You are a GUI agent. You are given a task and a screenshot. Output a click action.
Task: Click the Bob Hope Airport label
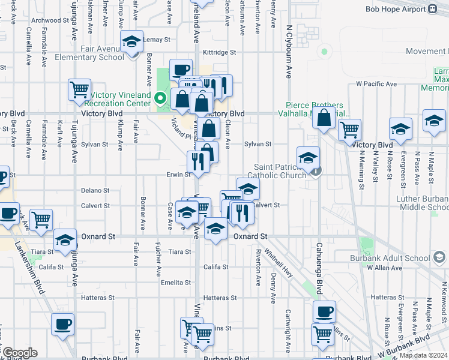(396, 9)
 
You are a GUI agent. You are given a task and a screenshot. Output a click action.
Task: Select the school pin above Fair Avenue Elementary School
(131, 42)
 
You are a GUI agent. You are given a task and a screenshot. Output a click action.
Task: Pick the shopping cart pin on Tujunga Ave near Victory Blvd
(80, 91)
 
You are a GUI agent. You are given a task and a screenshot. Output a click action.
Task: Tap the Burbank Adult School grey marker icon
(439, 258)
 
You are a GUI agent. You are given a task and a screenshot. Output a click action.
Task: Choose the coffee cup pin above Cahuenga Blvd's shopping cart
(324, 312)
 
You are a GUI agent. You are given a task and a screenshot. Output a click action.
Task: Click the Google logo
(19, 353)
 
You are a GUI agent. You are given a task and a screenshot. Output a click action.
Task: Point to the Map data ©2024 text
(424, 355)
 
